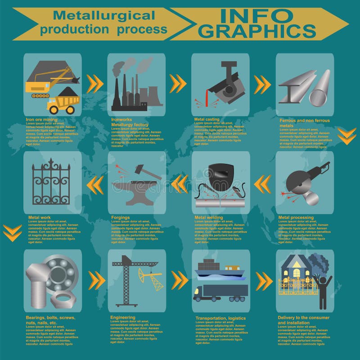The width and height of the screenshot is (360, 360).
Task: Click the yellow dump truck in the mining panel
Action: point(63,104)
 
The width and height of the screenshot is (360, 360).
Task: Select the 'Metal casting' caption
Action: point(207,119)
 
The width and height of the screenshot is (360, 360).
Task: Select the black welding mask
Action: point(219,177)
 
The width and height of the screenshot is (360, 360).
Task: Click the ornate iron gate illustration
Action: point(51,182)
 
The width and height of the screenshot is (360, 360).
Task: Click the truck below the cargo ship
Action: point(220,292)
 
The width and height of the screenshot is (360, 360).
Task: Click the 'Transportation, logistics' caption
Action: point(220,318)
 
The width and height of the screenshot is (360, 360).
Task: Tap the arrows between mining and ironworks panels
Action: point(95,83)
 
